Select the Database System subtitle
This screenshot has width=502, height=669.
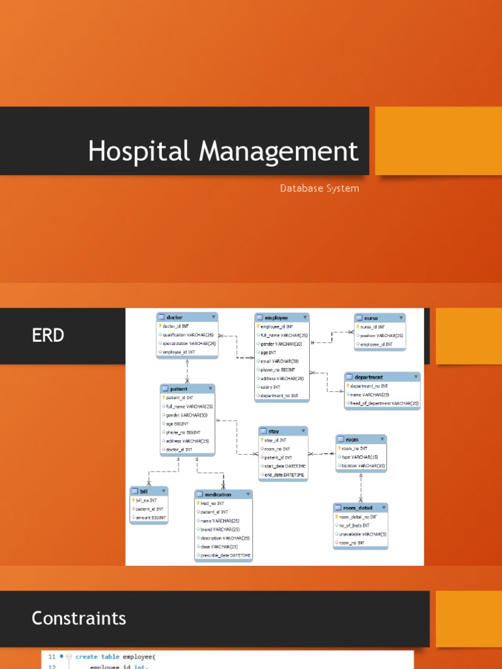pos(320,188)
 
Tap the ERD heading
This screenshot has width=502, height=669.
pos(48,336)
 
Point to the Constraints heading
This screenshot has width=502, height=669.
pos(79,618)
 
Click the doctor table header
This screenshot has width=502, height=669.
pos(175,318)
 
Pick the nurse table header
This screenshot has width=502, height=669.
pos(371,318)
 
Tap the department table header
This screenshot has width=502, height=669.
pos(369,377)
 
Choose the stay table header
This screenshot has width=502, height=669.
pos(273,431)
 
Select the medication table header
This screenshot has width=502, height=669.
pos(218,495)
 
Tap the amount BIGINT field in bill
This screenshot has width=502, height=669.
pos(151,517)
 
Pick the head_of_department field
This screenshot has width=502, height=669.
pos(384,404)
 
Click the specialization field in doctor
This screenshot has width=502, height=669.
pos(190,343)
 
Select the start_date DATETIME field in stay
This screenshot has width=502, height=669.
pos(284,466)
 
